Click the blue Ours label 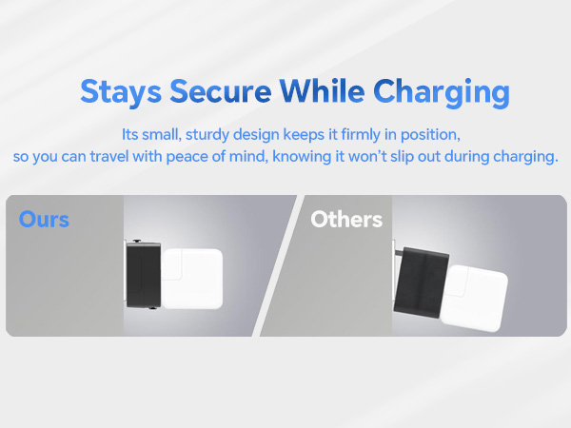coord(44,220)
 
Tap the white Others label coord(346,220)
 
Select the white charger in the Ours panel coord(193,278)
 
